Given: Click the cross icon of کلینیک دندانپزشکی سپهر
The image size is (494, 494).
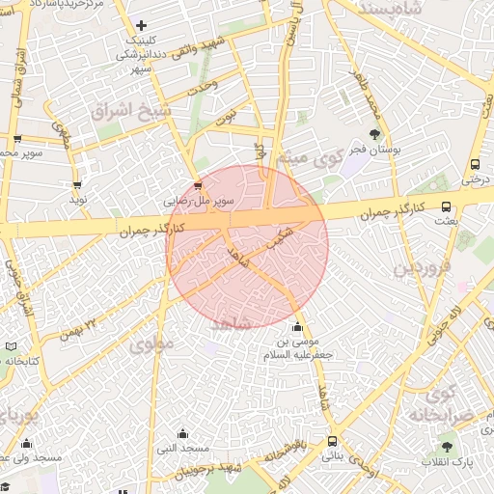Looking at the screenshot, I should tap(142, 25).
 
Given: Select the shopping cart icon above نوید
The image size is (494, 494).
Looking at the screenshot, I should tap(77, 184).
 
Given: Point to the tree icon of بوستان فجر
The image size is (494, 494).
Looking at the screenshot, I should tap(374, 134).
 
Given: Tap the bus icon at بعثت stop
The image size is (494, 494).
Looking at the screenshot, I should tap(446, 206).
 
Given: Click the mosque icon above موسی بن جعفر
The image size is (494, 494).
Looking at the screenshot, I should tap(296, 325).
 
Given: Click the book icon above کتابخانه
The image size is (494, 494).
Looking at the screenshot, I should tap(11, 345).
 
